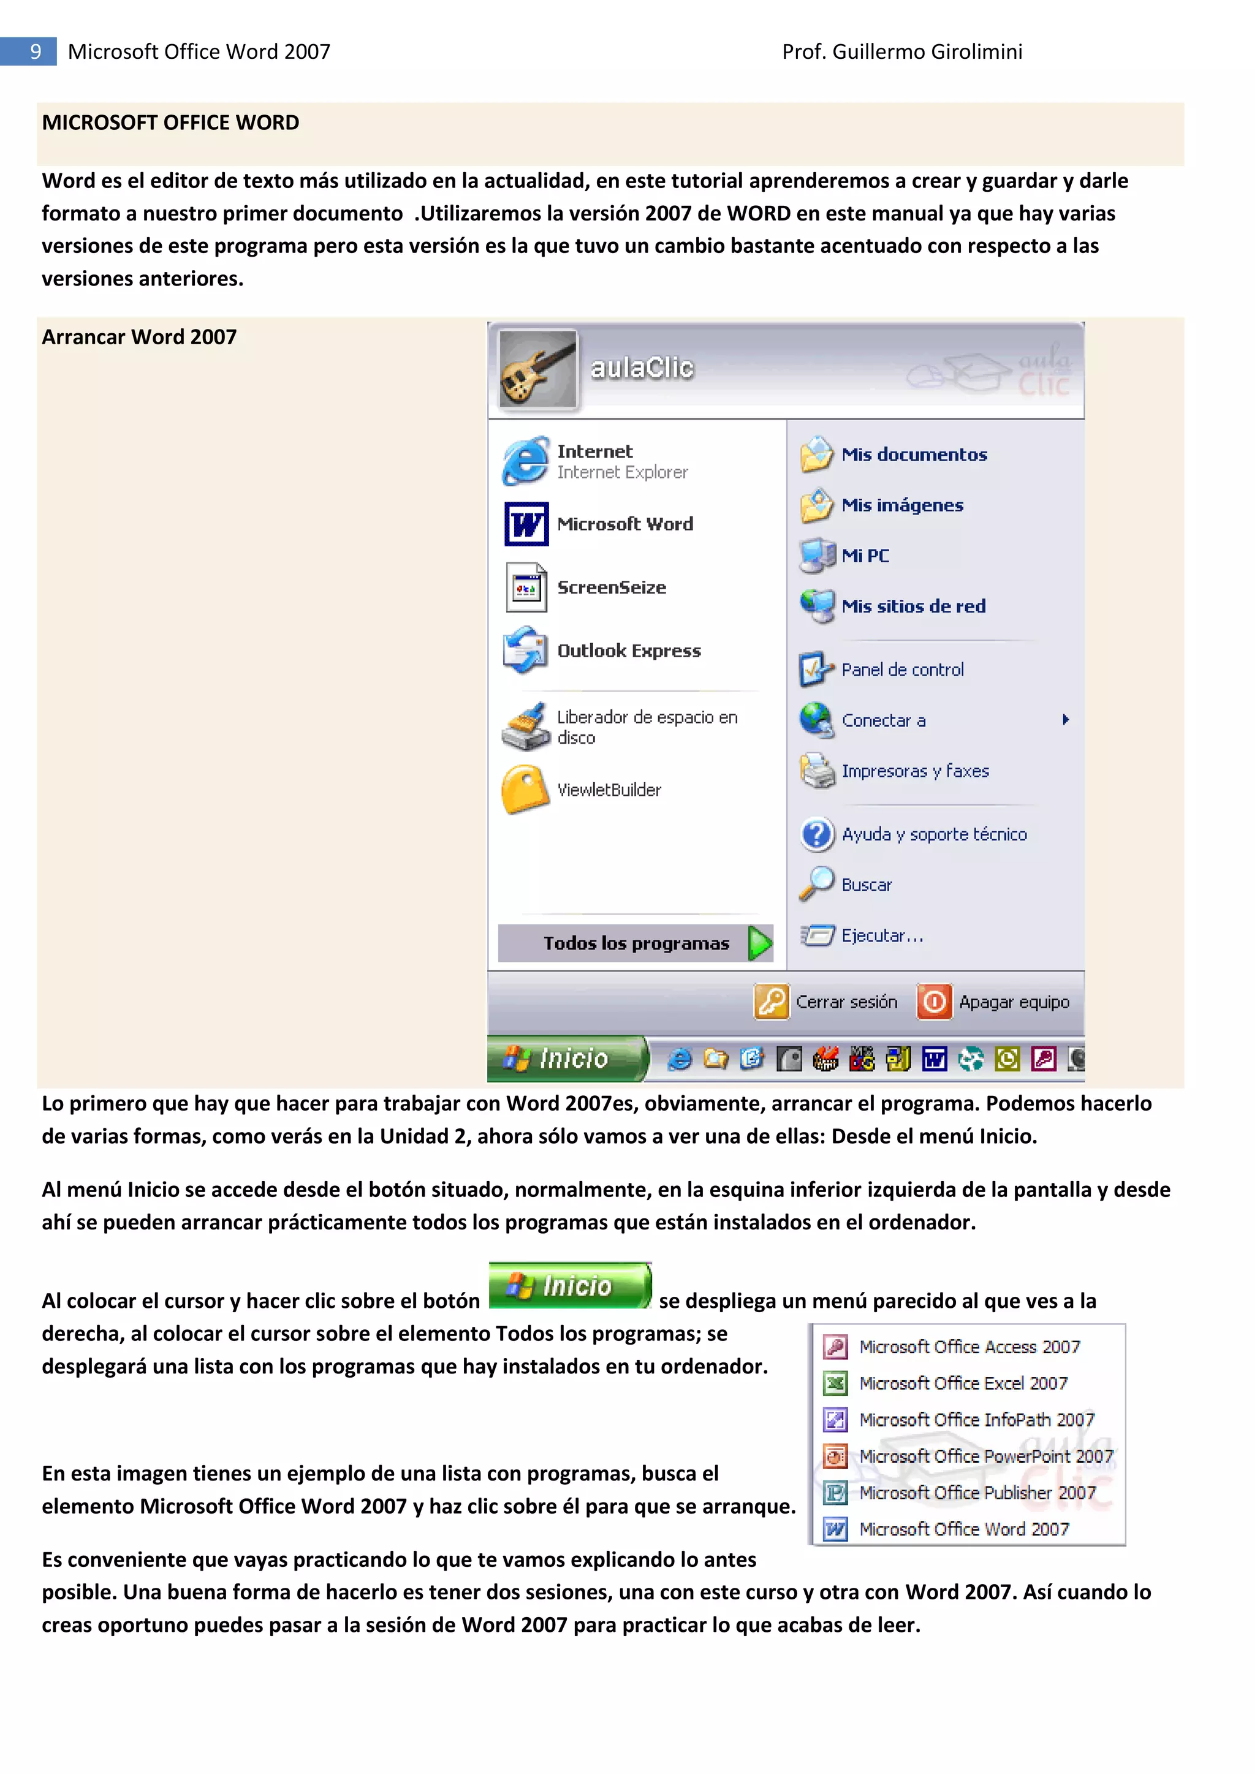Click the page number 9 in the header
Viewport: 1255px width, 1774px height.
[x=35, y=52]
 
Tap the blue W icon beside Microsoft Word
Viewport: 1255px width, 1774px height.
[x=526, y=524]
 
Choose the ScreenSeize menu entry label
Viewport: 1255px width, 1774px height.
[x=612, y=587]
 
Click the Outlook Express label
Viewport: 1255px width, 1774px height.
[x=628, y=651]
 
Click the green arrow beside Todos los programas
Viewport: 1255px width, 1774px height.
[x=760, y=943]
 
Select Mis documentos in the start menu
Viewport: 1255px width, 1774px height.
[x=914, y=455]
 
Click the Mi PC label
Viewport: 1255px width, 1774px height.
[x=865, y=556]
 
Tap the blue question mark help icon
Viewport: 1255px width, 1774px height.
[x=817, y=834]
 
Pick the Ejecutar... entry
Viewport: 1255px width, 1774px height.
[x=882, y=935]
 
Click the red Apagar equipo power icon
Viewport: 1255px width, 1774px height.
[x=933, y=1002]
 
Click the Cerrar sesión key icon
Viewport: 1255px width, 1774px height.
[x=770, y=1002]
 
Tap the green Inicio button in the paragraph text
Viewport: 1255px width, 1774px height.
[x=569, y=1286]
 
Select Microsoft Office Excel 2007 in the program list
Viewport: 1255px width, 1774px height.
[x=963, y=1383]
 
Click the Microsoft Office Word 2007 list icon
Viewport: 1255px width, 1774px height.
[x=835, y=1528]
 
